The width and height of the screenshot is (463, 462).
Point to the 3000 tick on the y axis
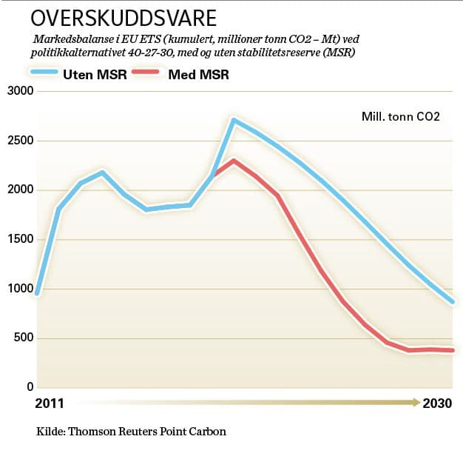coord(19,91)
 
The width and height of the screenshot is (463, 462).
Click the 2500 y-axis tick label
coord(19,141)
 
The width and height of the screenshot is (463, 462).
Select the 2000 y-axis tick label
coord(19,190)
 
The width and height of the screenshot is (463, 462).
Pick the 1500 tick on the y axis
coord(19,239)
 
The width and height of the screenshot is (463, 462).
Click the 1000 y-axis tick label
coord(19,289)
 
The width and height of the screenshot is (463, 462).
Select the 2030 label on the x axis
coord(438,404)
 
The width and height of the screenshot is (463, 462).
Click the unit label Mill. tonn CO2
coord(401,116)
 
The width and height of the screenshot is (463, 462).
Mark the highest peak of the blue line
coord(233,120)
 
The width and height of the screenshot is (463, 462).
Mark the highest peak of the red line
coord(233,161)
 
